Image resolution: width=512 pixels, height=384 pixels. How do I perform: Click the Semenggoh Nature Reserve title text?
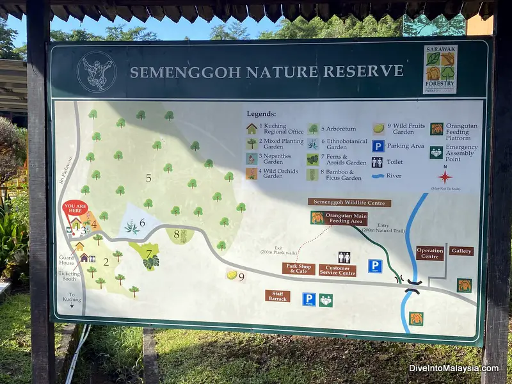266,71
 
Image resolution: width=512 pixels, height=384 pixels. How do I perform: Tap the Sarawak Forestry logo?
440,69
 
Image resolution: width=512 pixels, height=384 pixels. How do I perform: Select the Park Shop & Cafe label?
298,269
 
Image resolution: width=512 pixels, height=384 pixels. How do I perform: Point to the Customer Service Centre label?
337,270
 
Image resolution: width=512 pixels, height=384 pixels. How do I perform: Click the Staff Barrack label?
278,296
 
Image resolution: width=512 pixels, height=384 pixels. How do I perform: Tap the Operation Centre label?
429,253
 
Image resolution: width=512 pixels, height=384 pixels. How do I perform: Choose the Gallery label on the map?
461,252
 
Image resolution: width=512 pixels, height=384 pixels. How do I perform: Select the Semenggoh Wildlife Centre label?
349,202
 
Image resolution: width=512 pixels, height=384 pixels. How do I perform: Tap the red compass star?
445,176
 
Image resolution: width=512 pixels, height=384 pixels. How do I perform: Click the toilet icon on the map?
344,257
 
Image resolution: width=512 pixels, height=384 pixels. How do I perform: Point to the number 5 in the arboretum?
148,178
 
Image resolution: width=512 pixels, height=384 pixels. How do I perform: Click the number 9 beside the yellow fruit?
241,277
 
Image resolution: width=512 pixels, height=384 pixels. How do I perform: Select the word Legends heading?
261,114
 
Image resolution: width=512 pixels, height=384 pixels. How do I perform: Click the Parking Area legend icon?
378,146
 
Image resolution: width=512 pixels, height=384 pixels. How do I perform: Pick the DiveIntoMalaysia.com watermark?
453,368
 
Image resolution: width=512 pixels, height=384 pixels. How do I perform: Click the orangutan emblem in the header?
96,72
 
